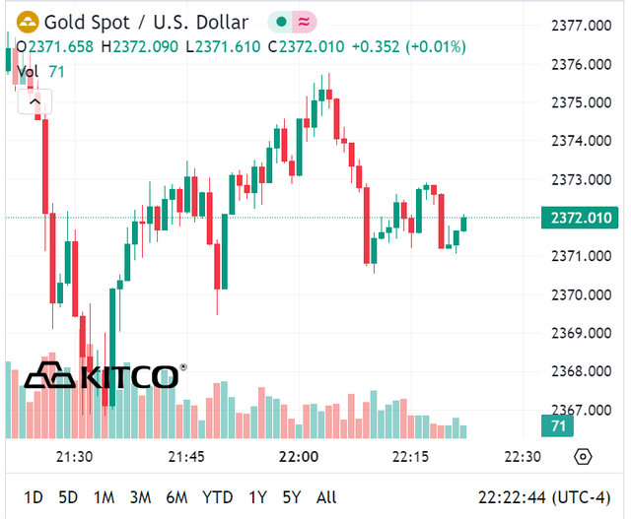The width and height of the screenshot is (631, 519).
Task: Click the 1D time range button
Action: (x=34, y=497)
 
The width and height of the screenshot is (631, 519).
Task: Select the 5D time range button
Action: (x=68, y=497)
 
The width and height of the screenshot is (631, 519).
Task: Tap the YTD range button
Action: (x=217, y=497)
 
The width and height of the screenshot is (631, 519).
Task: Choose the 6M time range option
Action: (x=176, y=497)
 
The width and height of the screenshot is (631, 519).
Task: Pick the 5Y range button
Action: (x=291, y=497)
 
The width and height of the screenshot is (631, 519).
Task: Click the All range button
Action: (x=326, y=497)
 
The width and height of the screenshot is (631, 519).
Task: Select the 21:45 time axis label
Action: (x=186, y=457)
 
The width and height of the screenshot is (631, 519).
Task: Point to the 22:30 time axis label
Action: (x=523, y=457)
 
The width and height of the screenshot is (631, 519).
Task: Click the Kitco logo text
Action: (x=128, y=376)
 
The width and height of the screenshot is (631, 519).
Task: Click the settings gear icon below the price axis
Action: (x=583, y=457)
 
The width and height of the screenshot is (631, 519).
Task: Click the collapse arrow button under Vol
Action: (x=35, y=100)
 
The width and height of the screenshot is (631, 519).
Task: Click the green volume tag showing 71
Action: (x=557, y=426)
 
